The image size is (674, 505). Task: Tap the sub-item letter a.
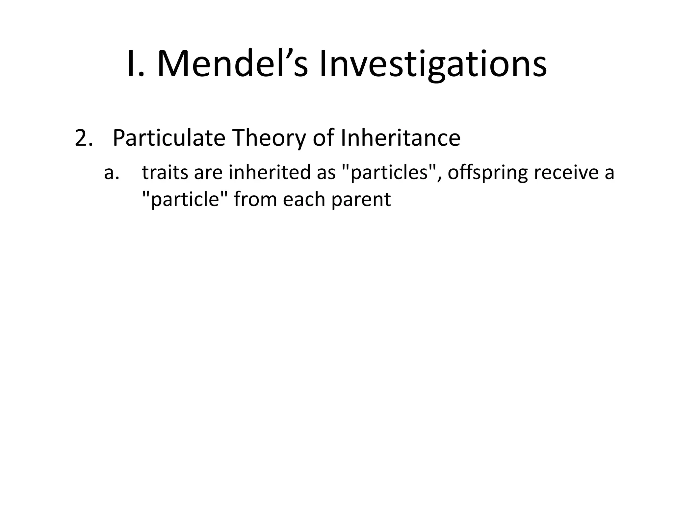(111, 173)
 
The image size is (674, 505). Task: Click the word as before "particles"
(326, 173)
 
